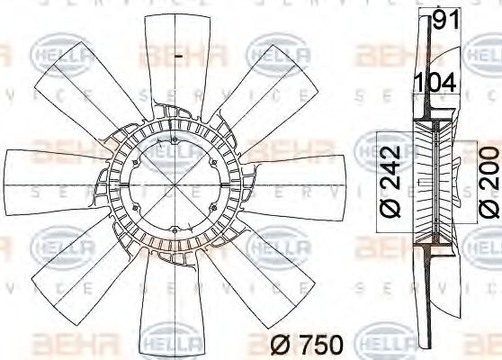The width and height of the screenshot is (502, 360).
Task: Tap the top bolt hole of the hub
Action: point(174,139)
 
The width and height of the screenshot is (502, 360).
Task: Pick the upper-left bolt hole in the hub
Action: point(135,161)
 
